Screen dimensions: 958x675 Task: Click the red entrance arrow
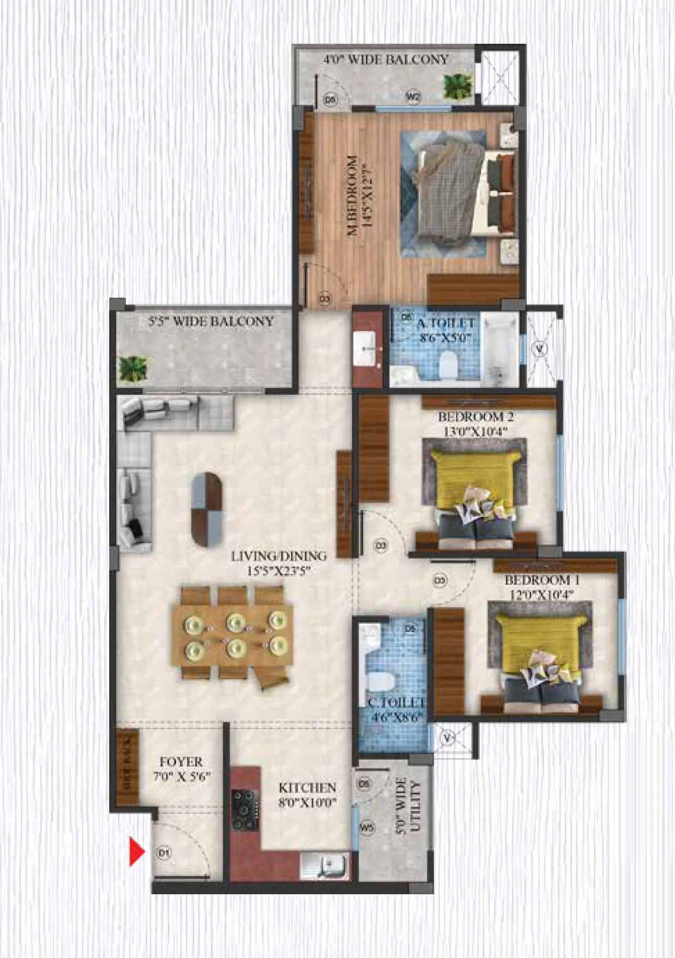tap(137, 851)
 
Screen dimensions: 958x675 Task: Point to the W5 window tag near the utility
tap(367, 827)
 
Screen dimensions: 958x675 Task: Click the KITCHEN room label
tap(307, 787)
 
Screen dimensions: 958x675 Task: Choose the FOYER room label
tap(181, 762)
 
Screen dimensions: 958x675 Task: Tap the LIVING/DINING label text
tap(279, 556)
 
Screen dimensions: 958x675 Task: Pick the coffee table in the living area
tap(207, 510)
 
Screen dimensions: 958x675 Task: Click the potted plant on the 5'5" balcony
tap(133, 369)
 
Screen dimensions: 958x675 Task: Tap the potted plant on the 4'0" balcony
tap(458, 85)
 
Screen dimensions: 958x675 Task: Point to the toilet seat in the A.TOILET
tap(448, 364)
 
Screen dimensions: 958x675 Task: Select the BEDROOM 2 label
tap(475, 417)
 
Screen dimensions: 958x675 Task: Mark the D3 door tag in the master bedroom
tap(325, 299)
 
